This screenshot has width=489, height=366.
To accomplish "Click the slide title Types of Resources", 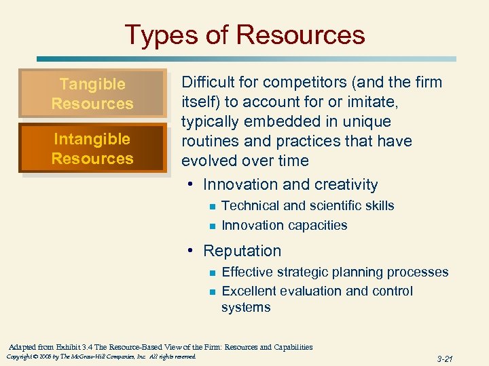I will click(244, 35).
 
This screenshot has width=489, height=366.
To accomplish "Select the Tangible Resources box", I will click(92, 94).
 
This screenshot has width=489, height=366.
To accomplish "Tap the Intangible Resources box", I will click(92, 148).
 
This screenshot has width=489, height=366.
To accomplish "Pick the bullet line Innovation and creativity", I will click(290, 184).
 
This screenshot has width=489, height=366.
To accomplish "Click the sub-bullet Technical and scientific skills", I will click(308, 205).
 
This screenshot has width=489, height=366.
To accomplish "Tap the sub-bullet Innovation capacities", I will click(285, 225).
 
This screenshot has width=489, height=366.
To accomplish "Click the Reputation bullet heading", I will click(242, 251).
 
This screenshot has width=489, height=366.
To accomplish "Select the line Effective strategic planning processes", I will click(335, 272).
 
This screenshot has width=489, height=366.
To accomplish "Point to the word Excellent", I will click(249, 291).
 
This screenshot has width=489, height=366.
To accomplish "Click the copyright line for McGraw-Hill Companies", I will click(101, 357).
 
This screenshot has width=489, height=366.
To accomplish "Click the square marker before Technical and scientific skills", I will click(212, 206).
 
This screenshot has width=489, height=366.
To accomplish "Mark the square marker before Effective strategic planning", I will click(212, 272).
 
